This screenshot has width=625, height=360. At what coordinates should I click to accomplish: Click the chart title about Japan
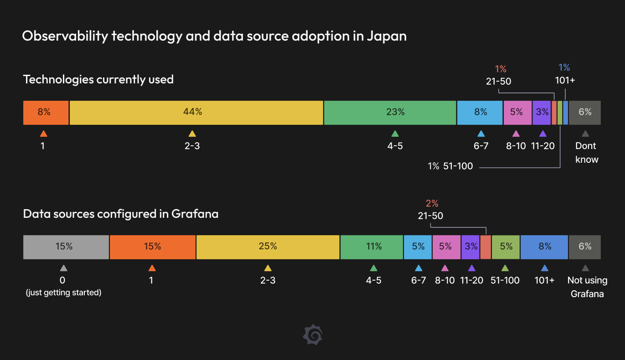coord(214,36)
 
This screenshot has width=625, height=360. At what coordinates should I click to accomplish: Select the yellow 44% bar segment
coord(196,113)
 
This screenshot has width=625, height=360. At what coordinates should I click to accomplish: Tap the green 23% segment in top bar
coord(390,113)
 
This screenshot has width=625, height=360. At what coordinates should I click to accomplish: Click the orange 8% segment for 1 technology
coord(46,113)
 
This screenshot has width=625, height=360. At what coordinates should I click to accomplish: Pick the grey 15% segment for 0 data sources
coord(66,247)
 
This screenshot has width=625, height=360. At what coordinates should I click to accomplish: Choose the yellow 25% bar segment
coord(268,247)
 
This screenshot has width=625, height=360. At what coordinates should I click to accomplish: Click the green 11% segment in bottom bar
coord(372,247)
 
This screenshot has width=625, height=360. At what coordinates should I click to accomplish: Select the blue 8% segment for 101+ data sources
coord(544,247)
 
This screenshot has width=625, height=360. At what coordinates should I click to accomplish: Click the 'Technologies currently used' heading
coord(98,79)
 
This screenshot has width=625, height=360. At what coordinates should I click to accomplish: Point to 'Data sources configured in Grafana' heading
coord(121,214)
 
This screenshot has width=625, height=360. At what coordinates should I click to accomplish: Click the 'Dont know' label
coord(586,153)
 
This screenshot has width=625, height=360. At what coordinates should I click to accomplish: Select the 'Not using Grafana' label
coord(587,287)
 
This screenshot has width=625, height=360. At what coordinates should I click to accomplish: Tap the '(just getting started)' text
coord(63,293)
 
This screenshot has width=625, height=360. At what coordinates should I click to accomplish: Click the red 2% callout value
coord(432,203)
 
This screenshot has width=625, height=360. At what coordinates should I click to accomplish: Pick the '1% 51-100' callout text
coord(450,166)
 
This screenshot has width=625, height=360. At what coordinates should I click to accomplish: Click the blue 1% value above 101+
coord(564,67)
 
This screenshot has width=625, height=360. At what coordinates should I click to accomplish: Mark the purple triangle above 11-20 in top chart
coord(542,134)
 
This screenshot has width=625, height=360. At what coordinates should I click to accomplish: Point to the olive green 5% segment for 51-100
coord(506,247)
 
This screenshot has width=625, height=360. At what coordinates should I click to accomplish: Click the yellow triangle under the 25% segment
coord(268,268)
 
